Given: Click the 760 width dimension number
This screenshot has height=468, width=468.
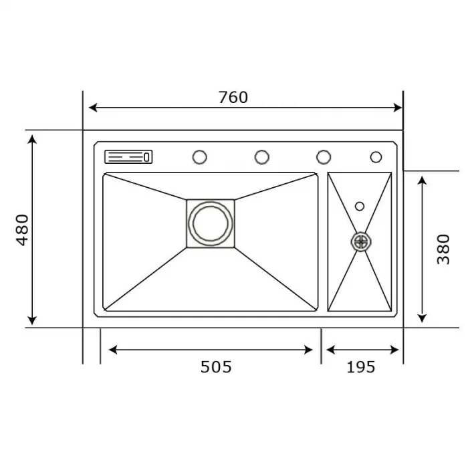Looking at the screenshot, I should coord(233,97).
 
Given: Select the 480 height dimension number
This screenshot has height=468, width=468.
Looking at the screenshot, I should coord(23,229).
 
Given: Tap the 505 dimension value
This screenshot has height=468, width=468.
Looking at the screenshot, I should coord(216,366).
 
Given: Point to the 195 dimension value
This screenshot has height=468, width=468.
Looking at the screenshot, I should coord(361,366).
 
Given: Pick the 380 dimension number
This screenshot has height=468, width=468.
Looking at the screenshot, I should coord(443,249).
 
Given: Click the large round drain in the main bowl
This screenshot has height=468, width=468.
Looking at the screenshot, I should coord(211,223).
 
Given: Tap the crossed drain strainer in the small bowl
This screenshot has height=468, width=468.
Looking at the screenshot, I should coord(360,241).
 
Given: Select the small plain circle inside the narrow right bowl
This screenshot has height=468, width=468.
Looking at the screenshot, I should coord(360,206).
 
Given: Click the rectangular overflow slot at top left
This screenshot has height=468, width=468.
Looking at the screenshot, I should coord(128,157).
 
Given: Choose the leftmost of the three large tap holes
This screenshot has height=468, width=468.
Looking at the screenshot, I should coord(199,157).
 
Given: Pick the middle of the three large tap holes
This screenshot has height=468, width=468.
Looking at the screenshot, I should coord(261,157).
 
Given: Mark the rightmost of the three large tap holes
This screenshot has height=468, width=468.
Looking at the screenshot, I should coord(324,157).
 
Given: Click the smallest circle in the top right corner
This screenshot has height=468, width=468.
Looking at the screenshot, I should coord(376,157).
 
